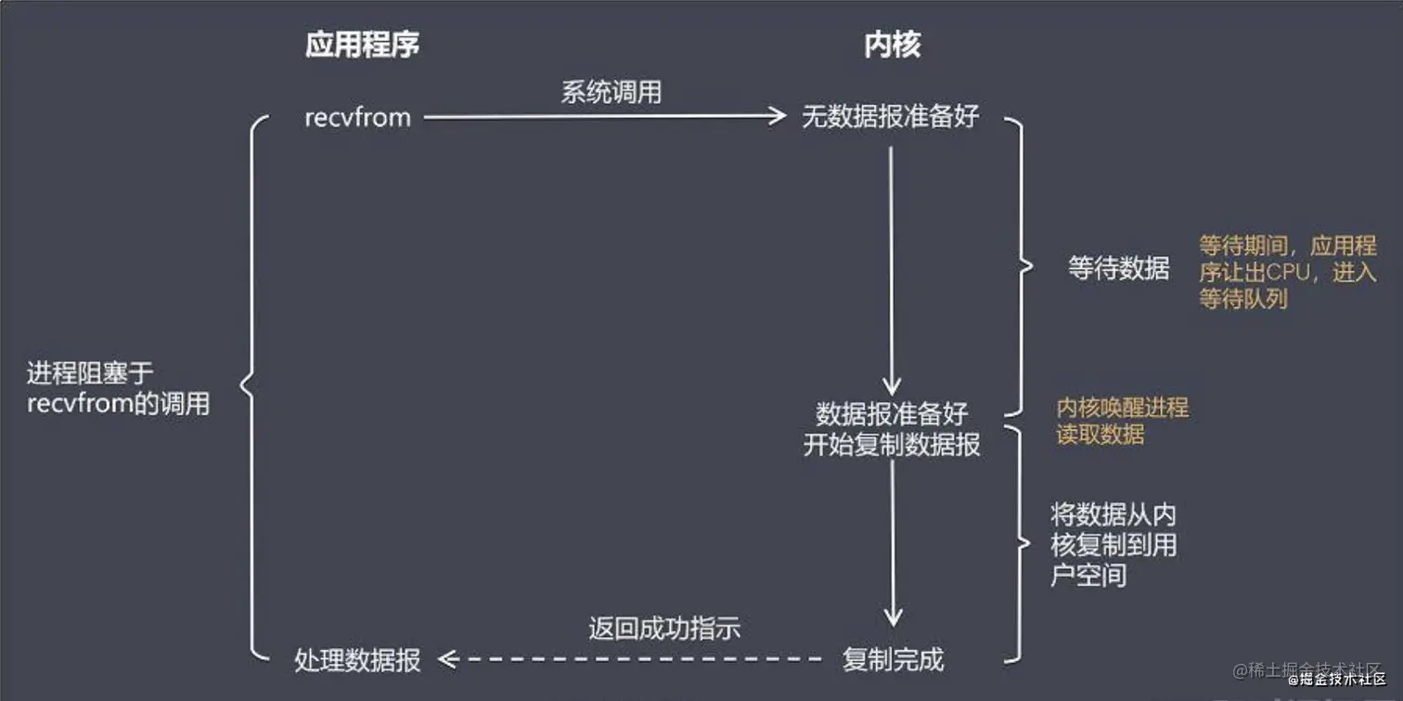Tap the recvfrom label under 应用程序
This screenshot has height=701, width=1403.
[x=357, y=118]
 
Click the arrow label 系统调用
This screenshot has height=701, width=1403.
[x=611, y=92]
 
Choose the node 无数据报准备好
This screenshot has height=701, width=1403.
[x=890, y=117]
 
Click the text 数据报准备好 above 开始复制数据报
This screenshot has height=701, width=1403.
[x=892, y=412]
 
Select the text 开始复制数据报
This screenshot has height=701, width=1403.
[x=892, y=445]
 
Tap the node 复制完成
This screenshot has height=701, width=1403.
[x=892, y=659]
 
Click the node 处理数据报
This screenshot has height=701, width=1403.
[x=357, y=659]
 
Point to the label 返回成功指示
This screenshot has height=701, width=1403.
[x=664, y=628]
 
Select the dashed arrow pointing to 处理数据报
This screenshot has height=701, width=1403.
[x=631, y=659]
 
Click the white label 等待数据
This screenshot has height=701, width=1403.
[x=1118, y=269]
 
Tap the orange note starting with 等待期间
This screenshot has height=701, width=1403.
[x=1287, y=272]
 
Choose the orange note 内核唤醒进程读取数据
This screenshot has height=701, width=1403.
[x=1122, y=421]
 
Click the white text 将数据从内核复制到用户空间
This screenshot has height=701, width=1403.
[x=1113, y=544]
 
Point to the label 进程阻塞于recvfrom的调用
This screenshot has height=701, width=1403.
[x=118, y=388]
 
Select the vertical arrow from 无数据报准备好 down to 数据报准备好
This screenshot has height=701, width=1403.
[x=892, y=269]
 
